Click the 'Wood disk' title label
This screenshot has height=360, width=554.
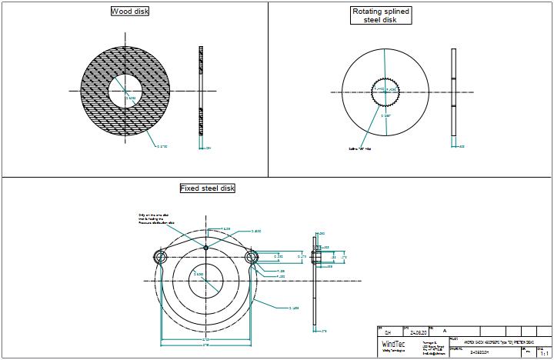tap(130, 12)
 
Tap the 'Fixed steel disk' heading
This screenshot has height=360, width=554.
tap(207, 188)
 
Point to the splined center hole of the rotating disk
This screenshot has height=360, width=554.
tap(384, 92)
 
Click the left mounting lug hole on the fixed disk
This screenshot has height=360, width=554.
tap(160, 256)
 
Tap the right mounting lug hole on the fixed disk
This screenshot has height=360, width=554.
tap(250, 256)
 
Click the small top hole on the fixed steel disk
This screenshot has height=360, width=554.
tap(205, 247)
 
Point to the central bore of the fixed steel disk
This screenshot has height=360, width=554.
tap(205, 275)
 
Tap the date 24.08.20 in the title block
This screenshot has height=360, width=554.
tap(418, 332)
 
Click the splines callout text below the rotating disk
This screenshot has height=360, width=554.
tap(359, 148)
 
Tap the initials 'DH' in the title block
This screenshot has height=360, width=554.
tap(388, 333)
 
